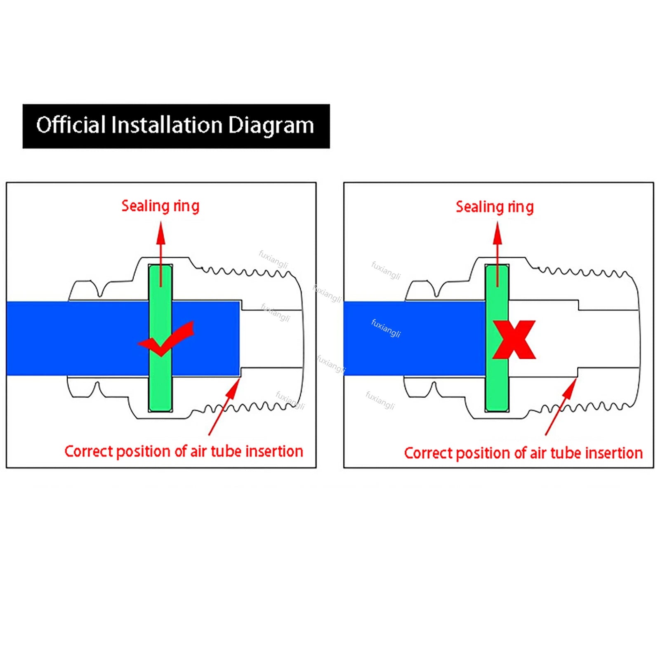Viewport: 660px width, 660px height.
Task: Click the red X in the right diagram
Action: click(x=514, y=339)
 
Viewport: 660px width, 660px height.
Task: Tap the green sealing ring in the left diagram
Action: click(x=160, y=338)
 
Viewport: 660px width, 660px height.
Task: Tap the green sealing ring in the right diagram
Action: click(x=497, y=338)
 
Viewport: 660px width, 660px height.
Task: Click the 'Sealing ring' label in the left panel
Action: click(x=160, y=206)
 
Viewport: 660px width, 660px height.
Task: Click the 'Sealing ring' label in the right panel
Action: click(x=495, y=207)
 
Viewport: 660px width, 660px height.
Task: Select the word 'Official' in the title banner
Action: click(x=71, y=125)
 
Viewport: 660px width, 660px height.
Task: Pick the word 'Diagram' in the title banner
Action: click(x=271, y=125)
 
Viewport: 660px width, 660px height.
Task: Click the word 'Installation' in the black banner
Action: click(x=167, y=125)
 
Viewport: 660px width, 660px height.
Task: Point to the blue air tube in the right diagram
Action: click(x=414, y=338)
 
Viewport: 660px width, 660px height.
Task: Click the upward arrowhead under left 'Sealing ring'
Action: click(x=161, y=233)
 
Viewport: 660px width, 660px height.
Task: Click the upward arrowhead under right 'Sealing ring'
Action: click(x=497, y=233)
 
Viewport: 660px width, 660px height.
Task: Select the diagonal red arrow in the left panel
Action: click(x=224, y=407)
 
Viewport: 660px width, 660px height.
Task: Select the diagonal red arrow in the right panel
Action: click(x=561, y=407)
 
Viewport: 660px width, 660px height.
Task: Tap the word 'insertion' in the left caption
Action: click(x=274, y=451)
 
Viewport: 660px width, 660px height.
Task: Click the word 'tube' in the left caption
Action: click(x=226, y=451)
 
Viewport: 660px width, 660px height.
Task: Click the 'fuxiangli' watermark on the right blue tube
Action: click(x=386, y=328)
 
